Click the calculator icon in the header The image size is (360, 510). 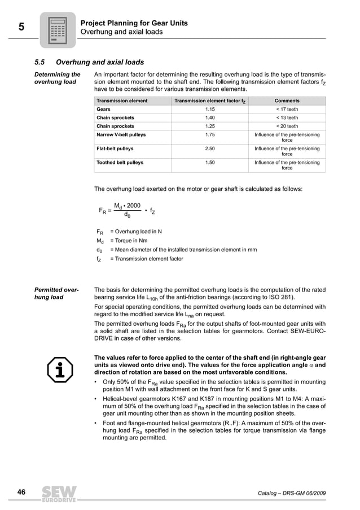(58, 30)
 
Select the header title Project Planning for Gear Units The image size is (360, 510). (134, 23)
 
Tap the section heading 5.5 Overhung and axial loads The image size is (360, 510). (89, 62)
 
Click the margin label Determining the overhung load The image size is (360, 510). (58, 78)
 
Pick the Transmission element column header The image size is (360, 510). (122, 101)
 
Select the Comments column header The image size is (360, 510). (287, 101)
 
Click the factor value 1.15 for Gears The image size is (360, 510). (210, 109)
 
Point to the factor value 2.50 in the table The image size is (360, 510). (210, 149)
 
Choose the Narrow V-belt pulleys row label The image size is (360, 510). (121, 135)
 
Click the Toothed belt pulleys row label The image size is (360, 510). (120, 162)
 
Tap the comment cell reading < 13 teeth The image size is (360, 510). (287, 117)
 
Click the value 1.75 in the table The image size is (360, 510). (210, 135)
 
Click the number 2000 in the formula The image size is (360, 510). (134, 205)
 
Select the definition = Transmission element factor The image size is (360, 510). (146, 259)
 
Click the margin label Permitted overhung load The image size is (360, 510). (57, 294)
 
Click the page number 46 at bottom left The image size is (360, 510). (21, 492)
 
